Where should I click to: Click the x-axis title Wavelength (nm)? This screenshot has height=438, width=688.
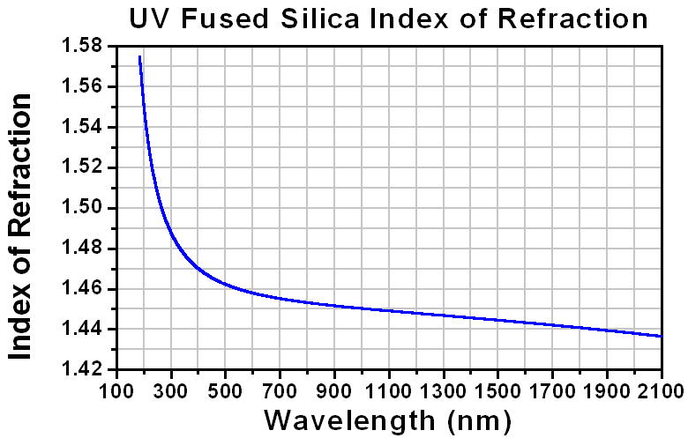pyautogui.click(x=388, y=417)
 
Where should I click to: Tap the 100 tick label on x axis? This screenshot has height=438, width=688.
pyautogui.click(x=116, y=388)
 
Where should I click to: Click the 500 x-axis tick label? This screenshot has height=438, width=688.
pyautogui.click(x=225, y=388)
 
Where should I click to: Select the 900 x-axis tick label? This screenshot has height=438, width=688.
pyautogui.click(x=334, y=388)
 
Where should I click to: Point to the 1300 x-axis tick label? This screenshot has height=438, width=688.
pyautogui.click(x=444, y=388)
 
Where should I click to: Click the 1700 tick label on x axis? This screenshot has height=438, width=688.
pyautogui.click(x=552, y=388)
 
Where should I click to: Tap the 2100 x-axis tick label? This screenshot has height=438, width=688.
pyautogui.click(x=661, y=388)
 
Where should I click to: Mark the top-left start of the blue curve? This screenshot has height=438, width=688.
pyautogui.click(x=139, y=57)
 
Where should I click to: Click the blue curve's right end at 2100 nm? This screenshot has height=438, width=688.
pyautogui.click(x=661, y=336)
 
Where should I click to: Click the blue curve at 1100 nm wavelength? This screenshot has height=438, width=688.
pyautogui.click(x=389, y=310)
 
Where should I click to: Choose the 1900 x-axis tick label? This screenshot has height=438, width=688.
pyautogui.click(x=607, y=388)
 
